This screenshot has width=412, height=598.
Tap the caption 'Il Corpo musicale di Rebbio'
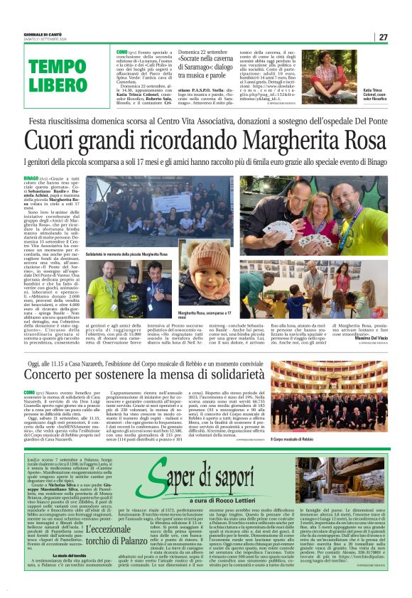click(x=294, y=440)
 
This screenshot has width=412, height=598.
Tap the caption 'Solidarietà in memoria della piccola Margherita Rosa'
click(x=126, y=253)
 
